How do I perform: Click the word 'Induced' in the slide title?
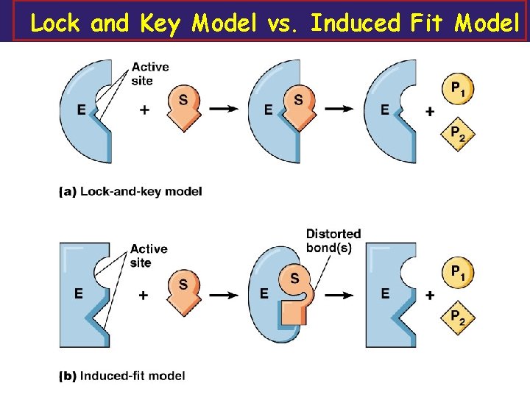pyautogui.click(x=356, y=24)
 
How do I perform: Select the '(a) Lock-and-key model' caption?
pyautogui.click(x=130, y=191)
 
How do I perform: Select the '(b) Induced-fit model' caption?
pyautogui.click(x=122, y=376)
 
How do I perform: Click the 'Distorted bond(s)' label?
pyautogui.click(x=333, y=240)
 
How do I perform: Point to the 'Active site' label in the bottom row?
pyautogui.click(x=149, y=256)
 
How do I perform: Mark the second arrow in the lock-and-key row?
pyautogui.click(x=339, y=109)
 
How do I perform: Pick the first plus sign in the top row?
pyautogui.click(x=144, y=110)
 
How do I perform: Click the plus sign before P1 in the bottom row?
pyautogui.click(x=430, y=295)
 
